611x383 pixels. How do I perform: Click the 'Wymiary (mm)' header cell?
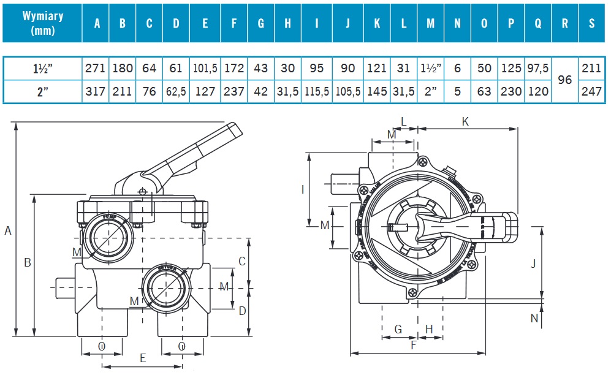pyautogui.click(x=42, y=23)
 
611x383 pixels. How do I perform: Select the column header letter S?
pyautogui.click(x=591, y=23)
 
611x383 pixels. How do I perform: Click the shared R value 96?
pyautogui.click(x=564, y=80)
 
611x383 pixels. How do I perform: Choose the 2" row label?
pyautogui.click(x=42, y=92)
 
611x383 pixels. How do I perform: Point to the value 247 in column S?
pyautogui.click(x=591, y=92)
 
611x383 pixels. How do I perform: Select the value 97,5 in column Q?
pyautogui.click(x=537, y=68)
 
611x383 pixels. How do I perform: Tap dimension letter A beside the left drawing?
pyautogui.click(x=8, y=231)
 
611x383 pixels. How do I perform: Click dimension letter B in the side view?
pyautogui.click(x=28, y=263)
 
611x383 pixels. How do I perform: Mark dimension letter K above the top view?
pyautogui.click(x=465, y=122)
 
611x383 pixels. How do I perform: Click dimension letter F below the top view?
pyautogui.click(x=414, y=345)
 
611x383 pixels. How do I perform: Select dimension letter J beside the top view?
pyautogui.click(x=533, y=264)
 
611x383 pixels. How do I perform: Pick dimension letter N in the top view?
pyautogui.click(x=534, y=317)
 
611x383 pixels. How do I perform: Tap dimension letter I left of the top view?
pyautogui.click(x=303, y=189)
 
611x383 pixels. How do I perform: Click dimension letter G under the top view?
pyautogui.click(x=398, y=329)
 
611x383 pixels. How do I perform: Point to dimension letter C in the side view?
pyautogui.click(x=242, y=262)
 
